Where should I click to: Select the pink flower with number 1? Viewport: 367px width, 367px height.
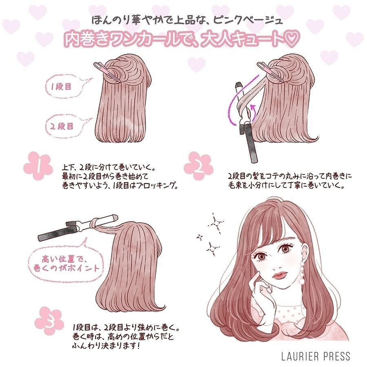coord(38,166)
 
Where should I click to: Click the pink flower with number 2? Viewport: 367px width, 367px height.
coord(198,166)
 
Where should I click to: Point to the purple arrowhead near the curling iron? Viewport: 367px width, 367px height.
coord(253,108)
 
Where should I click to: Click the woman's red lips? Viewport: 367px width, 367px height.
coord(280,274)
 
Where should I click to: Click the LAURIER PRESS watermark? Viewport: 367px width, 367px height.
coord(316,356)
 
